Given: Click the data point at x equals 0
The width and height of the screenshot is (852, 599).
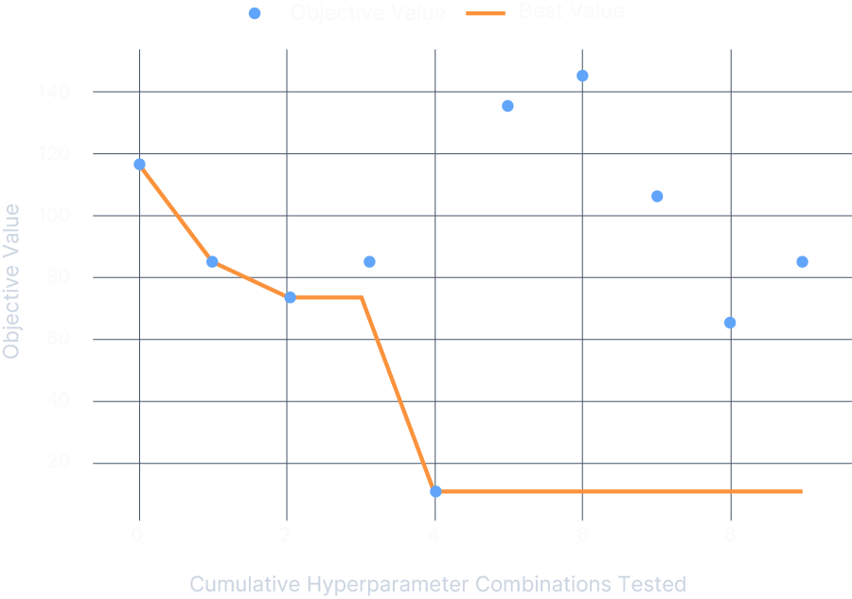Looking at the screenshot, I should (x=139, y=164).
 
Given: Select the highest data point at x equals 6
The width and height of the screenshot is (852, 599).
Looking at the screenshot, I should (x=582, y=76).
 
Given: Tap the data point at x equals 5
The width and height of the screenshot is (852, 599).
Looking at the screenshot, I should (x=507, y=106).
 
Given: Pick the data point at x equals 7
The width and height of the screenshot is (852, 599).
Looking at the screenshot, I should (x=657, y=196).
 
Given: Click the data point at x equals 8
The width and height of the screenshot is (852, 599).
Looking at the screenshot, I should (x=730, y=323).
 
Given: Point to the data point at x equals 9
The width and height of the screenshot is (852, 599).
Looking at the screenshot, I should (x=802, y=261).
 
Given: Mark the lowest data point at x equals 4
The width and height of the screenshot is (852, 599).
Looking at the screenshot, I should (x=435, y=491).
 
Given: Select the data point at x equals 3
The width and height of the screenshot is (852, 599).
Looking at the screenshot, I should (x=369, y=261).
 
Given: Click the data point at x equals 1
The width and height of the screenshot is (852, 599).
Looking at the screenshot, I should (x=212, y=261).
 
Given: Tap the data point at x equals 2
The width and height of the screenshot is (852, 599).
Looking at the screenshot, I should (x=290, y=297).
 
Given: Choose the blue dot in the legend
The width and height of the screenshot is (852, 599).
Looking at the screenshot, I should (x=254, y=13).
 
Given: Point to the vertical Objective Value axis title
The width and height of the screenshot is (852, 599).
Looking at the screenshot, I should (x=11, y=281).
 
